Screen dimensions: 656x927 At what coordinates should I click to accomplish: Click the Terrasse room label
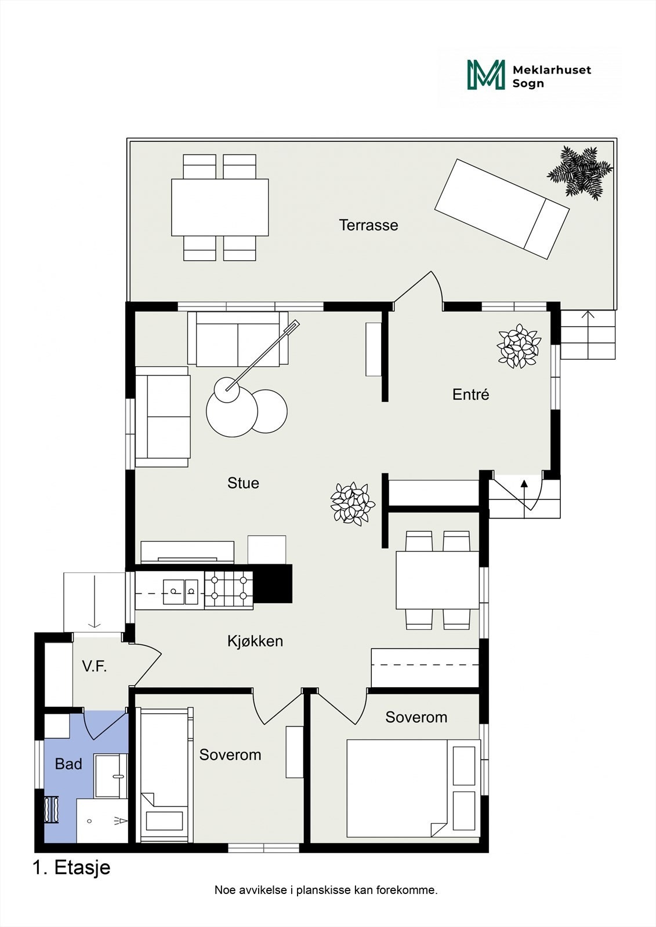368,225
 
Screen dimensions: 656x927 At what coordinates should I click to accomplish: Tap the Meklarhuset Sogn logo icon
486,75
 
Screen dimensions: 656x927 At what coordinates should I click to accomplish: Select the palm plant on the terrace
580,173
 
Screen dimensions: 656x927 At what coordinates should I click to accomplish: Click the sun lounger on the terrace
502,209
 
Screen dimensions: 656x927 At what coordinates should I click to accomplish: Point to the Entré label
470,395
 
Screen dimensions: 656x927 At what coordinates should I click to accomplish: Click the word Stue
243,483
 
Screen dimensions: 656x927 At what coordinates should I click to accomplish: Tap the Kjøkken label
255,641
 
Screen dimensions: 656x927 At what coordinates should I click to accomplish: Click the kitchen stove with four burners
229,590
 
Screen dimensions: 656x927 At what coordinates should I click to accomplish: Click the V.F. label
95,666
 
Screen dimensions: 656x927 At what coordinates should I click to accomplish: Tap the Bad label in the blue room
68,764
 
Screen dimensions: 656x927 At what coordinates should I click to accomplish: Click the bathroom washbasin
111,776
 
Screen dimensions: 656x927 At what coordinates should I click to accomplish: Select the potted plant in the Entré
519,346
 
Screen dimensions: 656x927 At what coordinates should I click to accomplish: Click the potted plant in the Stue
353,503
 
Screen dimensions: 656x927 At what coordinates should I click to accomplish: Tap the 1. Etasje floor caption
72,868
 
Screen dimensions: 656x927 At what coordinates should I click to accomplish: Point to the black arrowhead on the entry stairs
524,483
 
